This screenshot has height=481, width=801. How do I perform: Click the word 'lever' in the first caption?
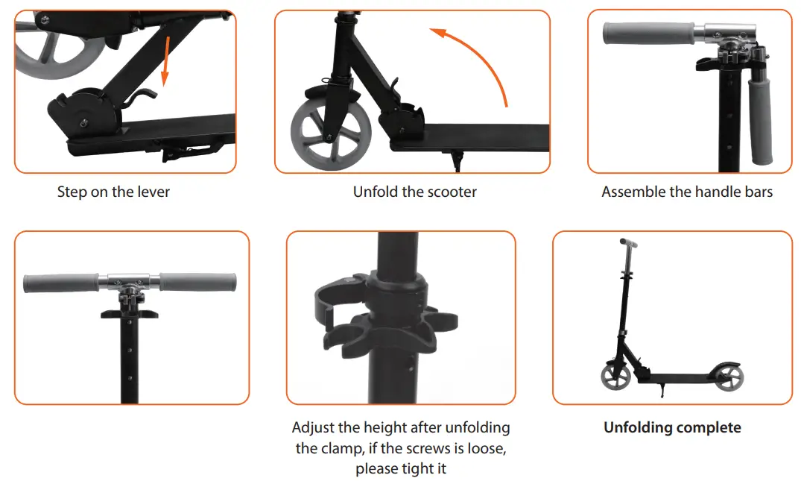[x=153, y=192]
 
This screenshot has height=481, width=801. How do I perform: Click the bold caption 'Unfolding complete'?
[x=672, y=427]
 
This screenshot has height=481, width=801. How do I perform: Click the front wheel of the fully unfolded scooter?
[x=616, y=377]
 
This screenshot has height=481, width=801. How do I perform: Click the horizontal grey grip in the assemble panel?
[x=648, y=34]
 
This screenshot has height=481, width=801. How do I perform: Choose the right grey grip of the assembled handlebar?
[x=197, y=283]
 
